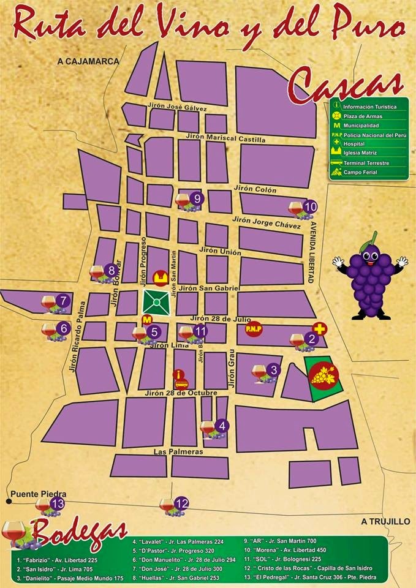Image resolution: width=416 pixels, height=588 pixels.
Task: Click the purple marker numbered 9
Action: [x=197, y=198]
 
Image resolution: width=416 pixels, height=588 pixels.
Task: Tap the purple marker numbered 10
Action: [x=310, y=206]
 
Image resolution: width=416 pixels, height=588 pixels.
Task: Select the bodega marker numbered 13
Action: [x=58, y=504]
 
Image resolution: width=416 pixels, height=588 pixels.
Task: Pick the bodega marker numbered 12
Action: [x=181, y=503]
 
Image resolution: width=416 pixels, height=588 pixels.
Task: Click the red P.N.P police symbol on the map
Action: [x=254, y=329]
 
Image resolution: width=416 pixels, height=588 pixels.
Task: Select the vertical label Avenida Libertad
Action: [x=311, y=252]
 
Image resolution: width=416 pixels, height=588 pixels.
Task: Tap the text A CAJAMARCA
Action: [x=88, y=61]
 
